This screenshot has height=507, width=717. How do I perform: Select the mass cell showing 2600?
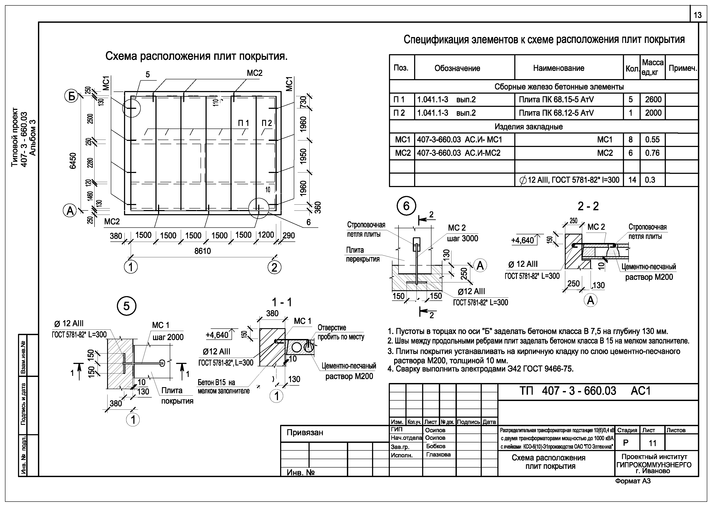653,99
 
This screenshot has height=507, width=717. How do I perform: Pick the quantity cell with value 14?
632,180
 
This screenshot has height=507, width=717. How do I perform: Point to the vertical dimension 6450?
73,161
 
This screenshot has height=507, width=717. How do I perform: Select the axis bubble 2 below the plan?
274,267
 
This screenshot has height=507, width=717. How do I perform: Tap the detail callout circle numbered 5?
126,306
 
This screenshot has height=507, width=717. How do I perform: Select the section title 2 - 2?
588,206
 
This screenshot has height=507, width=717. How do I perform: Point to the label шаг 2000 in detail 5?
168,337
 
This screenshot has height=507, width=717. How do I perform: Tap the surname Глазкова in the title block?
438,455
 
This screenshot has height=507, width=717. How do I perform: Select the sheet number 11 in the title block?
652,443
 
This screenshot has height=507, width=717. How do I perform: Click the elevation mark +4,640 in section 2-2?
523,240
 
